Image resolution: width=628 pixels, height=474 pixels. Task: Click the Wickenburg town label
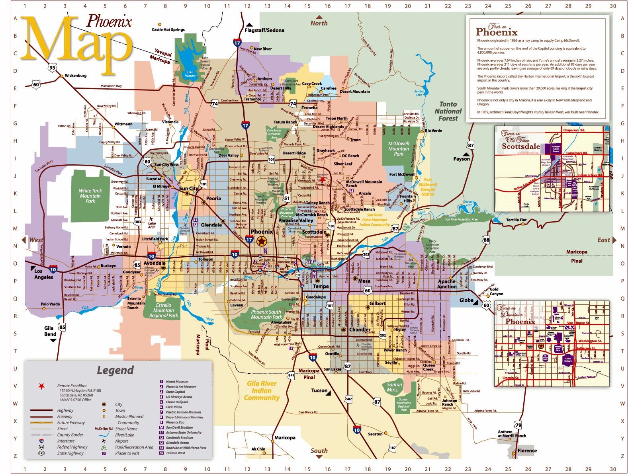tap(75, 76)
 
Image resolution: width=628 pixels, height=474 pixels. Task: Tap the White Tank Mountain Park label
tap(90, 196)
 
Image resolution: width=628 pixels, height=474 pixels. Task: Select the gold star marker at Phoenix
tap(262, 241)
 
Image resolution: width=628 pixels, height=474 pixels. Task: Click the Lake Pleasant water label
tap(190, 74)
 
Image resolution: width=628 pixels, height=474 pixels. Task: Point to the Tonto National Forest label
tap(448, 111)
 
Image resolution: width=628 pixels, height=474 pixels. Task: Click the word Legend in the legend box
tap(115, 370)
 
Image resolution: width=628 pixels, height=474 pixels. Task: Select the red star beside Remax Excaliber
tap(41, 386)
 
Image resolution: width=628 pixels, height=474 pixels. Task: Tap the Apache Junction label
tap(446, 284)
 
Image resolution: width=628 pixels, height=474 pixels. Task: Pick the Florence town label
tap(527, 451)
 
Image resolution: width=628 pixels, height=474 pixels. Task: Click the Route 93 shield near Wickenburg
tap(52, 68)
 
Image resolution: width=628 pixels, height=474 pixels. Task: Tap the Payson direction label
tap(462, 159)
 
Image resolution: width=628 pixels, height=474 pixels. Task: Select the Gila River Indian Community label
tap(262, 390)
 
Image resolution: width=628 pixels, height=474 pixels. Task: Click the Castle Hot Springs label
tap(168, 29)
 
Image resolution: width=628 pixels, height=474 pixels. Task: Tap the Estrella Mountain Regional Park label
tap(163, 310)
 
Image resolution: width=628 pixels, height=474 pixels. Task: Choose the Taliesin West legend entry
tap(175, 453)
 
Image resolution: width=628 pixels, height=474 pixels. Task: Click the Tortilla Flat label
tap(516, 220)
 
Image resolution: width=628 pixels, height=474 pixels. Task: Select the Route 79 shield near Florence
tap(518, 425)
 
